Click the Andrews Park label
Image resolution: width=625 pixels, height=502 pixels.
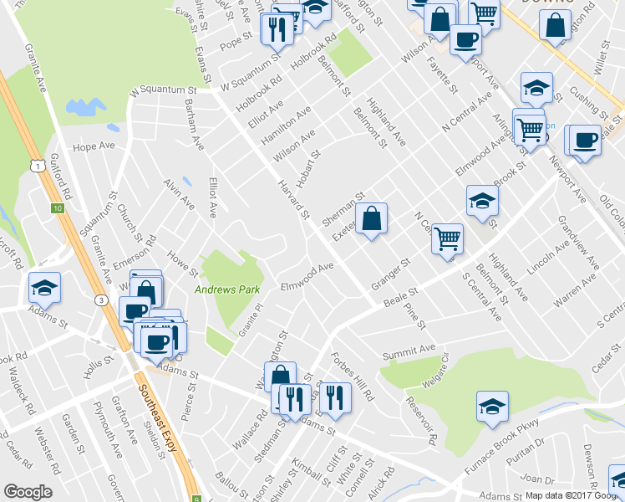227,289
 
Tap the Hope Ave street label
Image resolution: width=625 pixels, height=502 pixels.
94,146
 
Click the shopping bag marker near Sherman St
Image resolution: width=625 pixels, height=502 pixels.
372,219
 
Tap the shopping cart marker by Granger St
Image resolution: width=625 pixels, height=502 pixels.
447,238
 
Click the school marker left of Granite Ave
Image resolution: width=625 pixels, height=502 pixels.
44,288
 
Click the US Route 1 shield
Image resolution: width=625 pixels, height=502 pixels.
38,166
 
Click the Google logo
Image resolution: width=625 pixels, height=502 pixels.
28,492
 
